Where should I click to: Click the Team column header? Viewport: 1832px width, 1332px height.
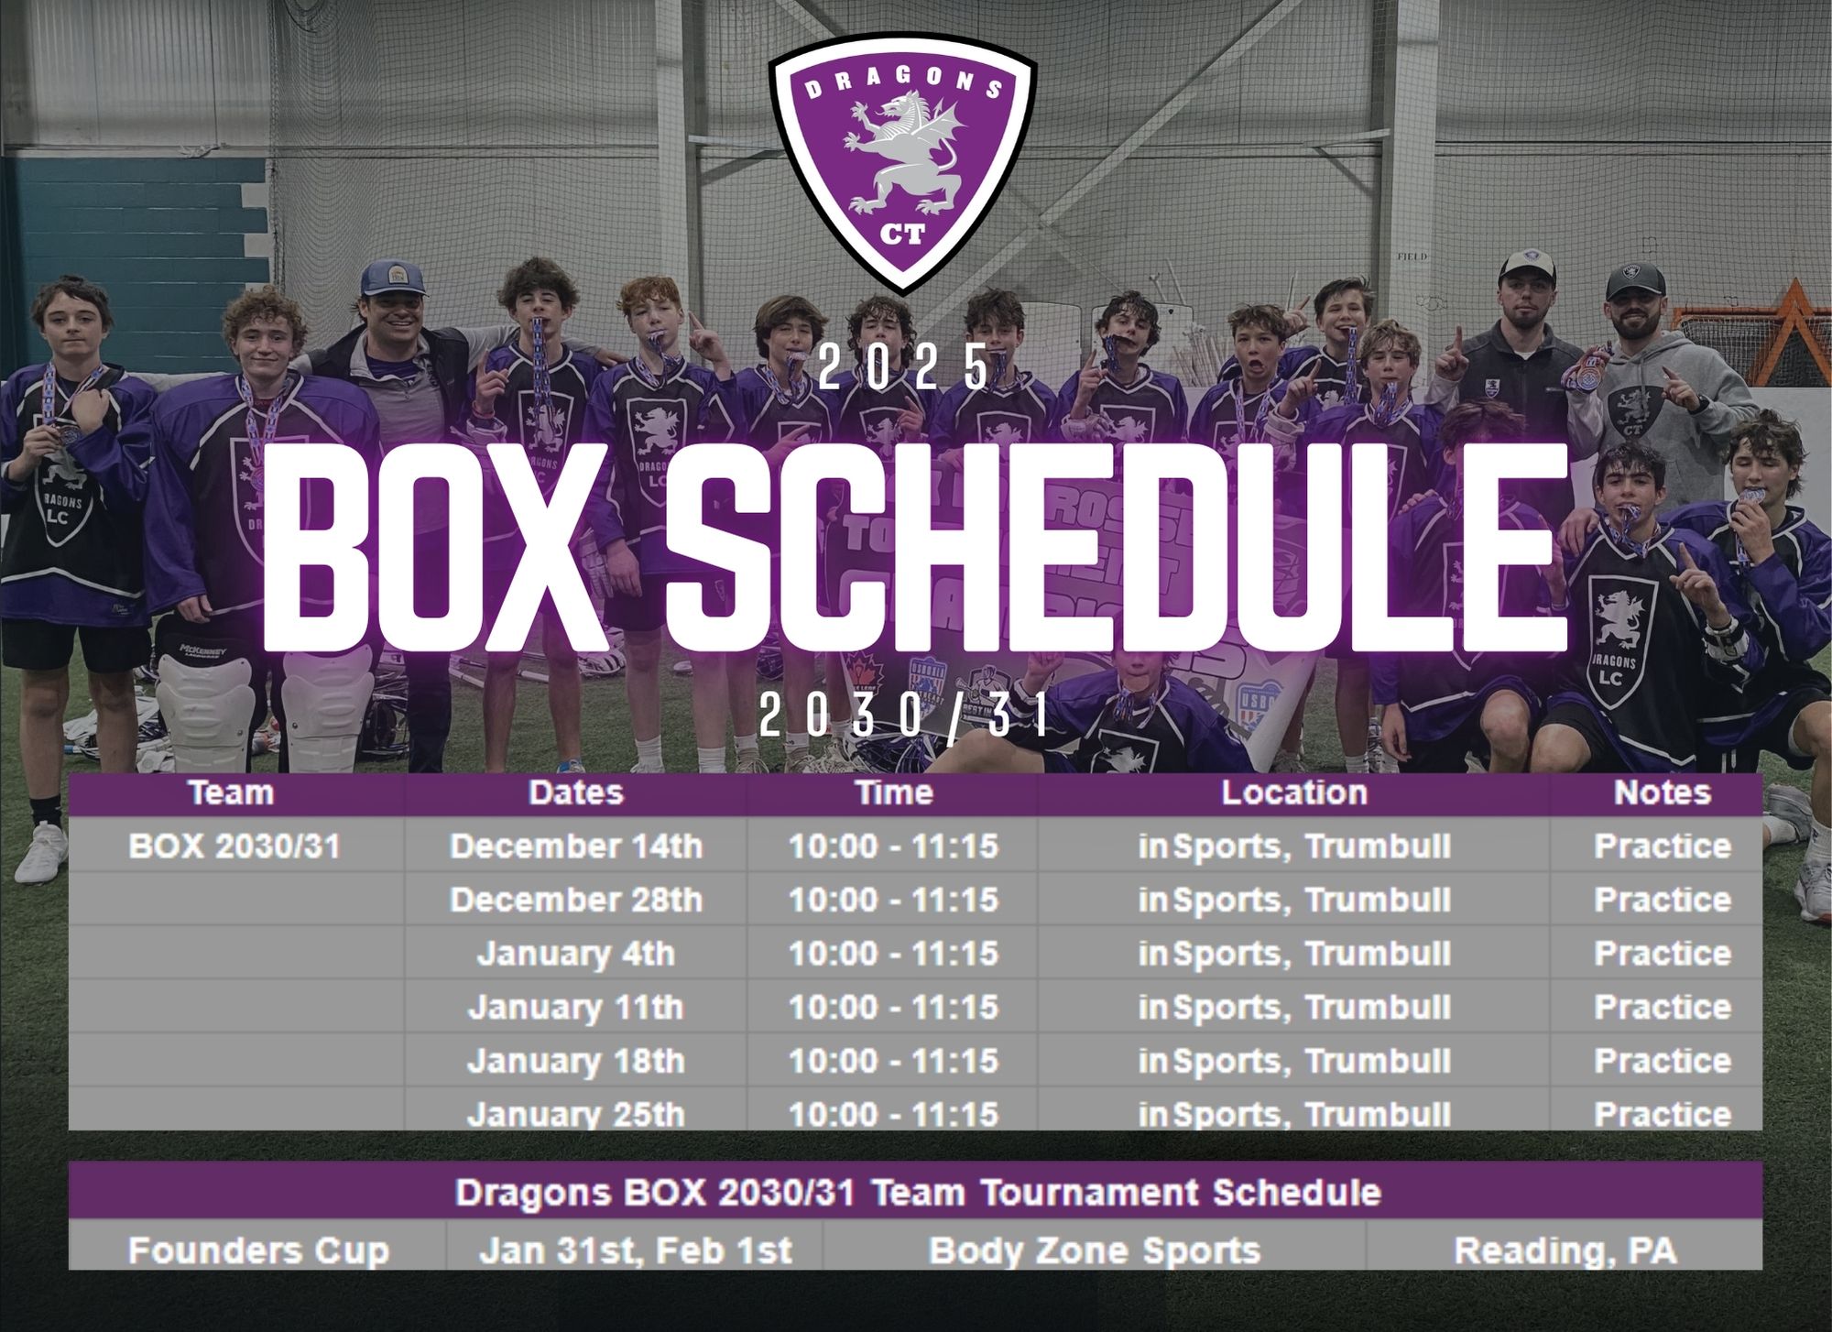[231, 792]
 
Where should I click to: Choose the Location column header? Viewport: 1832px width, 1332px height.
[1294, 792]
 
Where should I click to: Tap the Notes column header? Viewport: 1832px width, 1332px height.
[1663, 792]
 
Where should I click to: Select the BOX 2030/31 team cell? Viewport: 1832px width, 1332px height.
[234, 846]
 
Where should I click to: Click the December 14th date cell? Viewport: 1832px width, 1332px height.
[576, 846]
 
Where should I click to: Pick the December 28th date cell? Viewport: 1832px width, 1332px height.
[576, 900]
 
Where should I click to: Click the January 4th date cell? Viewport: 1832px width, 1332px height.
[576, 954]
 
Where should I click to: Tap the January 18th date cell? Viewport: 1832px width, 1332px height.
[576, 1061]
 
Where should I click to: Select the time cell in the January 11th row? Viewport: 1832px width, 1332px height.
[893, 1008]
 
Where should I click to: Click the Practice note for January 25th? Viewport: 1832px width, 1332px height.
[1663, 1114]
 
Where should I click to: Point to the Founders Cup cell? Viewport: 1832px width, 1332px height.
[258, 1250]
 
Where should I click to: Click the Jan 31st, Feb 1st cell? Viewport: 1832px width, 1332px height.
[636, 1250]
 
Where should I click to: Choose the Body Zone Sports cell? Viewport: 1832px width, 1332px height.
[1095, 1250]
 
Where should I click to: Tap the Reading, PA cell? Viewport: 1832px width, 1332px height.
[1565, 1250]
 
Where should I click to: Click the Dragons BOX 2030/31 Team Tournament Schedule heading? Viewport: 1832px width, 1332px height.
[918, 1192]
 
